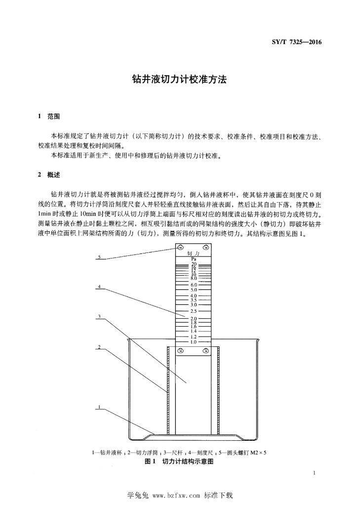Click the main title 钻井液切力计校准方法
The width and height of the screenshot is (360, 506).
[x=180, y=80]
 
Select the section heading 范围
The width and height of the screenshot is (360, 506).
[x=53, y=117]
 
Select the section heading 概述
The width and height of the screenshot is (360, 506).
[x=53, y=175]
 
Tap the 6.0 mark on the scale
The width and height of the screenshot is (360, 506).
[x=194, y=285]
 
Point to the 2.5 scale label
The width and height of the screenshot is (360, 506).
[x=194, y=311]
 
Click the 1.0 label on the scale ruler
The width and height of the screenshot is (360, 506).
[x=194, y=342]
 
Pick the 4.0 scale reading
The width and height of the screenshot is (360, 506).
[x=194, y=296]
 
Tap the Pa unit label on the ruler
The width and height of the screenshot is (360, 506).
[x=194, y=259]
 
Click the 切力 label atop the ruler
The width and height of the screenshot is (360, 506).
[x=194, y=254]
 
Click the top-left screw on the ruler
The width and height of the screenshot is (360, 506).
[x=180, y=248]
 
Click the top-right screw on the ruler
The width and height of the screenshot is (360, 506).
[x=206, y=248]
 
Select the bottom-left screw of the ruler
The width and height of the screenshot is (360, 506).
[x=181, y=350]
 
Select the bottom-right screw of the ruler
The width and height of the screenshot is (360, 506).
[x=206, y=350]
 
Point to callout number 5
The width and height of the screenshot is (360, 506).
[x=100, y=257]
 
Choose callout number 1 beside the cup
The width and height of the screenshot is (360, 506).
[x=100, y=407]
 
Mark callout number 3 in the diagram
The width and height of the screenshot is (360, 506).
[x=100, y=316]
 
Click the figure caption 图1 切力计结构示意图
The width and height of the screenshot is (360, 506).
[x=179, y=462]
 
